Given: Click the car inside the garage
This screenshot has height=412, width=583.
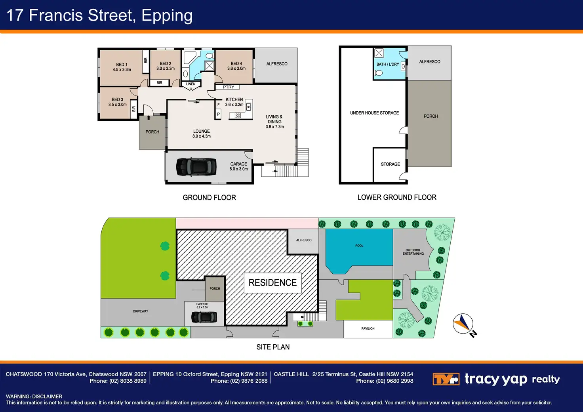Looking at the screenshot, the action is pos(196,166).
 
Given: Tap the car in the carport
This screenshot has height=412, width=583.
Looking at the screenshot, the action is pos(204,317).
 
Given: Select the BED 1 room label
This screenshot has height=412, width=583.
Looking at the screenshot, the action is pos(122,65).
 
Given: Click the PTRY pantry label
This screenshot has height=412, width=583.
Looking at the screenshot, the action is pos(229,87).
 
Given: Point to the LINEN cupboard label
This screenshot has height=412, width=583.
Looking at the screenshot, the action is pos(191,84).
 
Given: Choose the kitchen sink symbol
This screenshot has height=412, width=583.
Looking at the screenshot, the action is pos(249,106).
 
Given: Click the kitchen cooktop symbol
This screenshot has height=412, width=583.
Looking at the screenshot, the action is pos(238,115).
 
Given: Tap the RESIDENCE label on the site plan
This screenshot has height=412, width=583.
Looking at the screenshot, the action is pos(272,282).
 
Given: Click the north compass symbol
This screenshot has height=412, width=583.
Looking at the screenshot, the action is pos(463,324).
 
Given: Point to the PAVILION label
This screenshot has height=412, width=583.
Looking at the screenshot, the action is pos(368,328).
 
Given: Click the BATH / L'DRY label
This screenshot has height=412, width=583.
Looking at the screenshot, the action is pos(387,64).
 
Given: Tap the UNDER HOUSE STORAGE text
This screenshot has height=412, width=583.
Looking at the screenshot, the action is pos(374,113).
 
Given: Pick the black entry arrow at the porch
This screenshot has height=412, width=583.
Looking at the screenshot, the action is pos(149,118).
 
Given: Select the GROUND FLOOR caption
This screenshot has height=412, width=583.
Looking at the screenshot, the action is pos(209,198).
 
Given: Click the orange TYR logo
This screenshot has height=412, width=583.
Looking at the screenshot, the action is pos(446,379).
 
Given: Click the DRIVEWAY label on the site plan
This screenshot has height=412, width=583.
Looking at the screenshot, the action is pos(141,311).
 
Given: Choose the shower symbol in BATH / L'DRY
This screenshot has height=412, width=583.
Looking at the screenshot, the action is pos(379,53).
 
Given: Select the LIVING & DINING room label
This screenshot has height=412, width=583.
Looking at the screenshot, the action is pos(274,119).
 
